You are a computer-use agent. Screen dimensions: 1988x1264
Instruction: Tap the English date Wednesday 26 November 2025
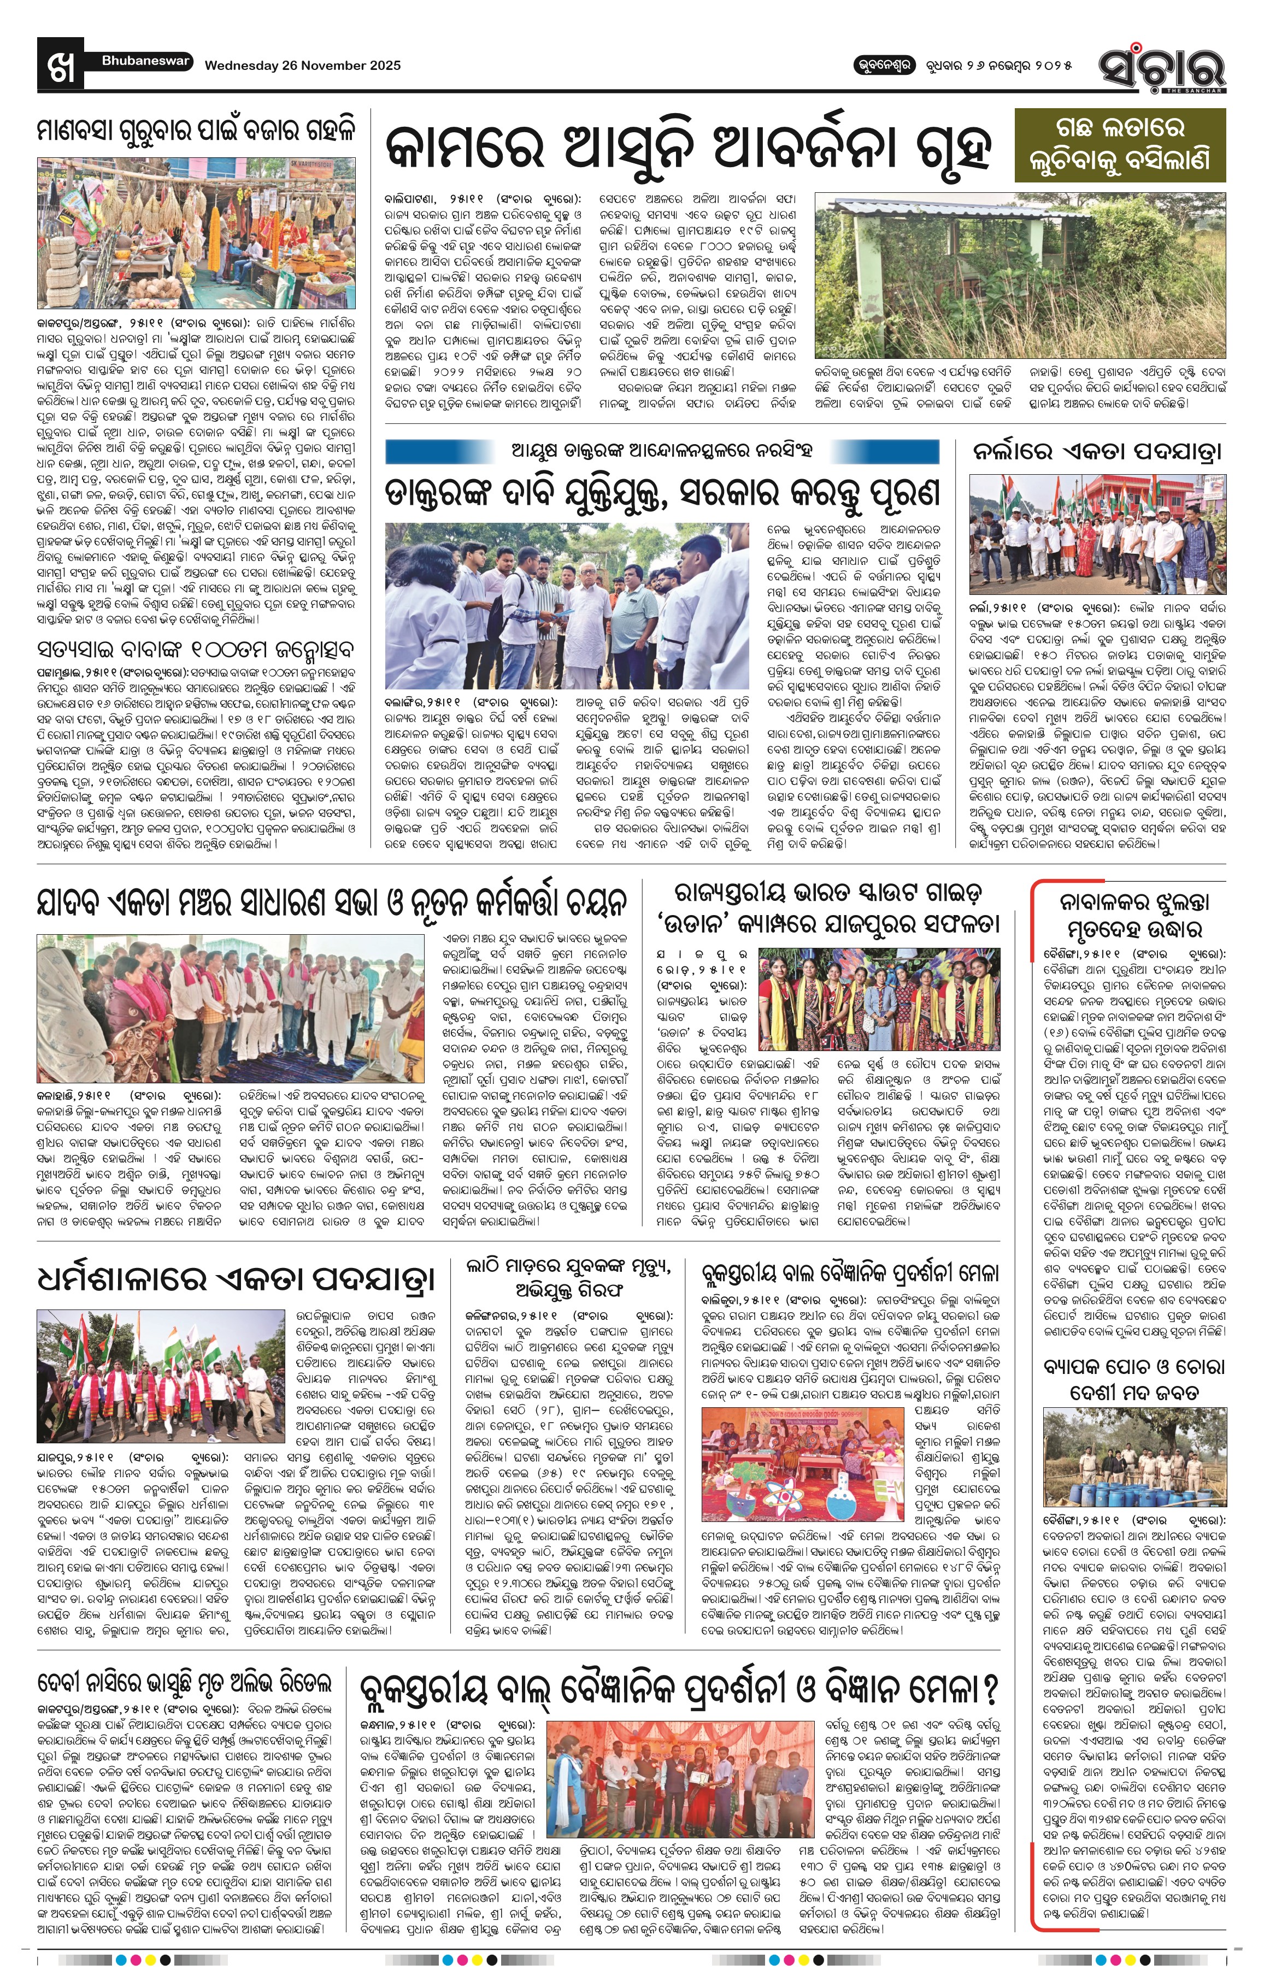(302, 65)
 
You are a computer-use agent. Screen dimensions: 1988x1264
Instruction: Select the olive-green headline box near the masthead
(1120, 144)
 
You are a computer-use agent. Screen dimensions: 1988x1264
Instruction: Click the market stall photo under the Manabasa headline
(197, 233)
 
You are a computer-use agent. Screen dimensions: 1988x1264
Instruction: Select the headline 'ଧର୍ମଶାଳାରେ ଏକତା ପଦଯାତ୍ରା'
(236, 1278)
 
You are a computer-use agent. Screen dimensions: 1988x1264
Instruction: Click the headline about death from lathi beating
(568, 1278)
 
